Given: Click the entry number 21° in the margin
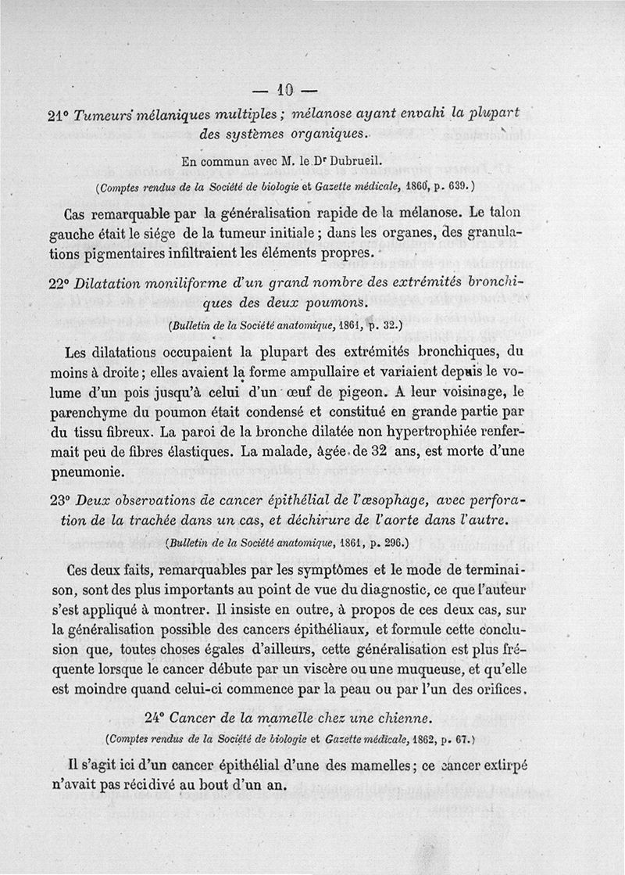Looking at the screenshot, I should point(59,113).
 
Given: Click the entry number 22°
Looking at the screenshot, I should point(59,284).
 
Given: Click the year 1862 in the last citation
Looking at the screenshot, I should point(423,738).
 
